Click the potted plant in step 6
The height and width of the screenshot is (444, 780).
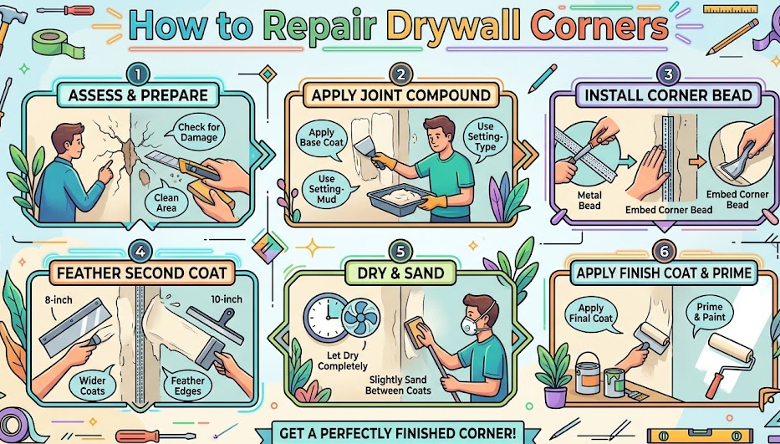[x=554, y=376]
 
